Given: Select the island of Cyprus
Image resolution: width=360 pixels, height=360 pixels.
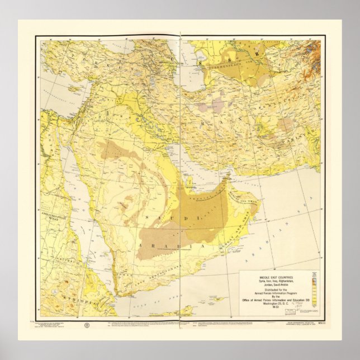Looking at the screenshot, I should [73, 88].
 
